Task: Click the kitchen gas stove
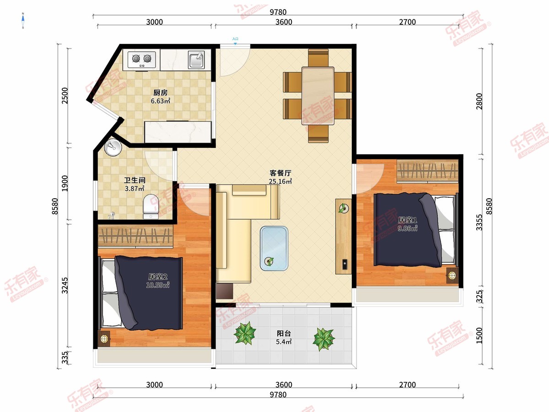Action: [141, 60]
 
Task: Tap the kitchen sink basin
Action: [196, 60]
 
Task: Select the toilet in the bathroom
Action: [151, 206]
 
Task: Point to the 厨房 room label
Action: [160, 93]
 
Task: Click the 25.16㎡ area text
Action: [280, 181]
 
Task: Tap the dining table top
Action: [318, 96]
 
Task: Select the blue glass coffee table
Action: [274, 249]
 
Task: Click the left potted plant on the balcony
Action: [245, 333]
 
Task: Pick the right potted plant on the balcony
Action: [323, 339]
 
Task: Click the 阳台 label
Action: [284, 333]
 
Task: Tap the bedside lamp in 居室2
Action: [104, 339]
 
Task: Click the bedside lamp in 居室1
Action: [452, 276]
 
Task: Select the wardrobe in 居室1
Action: [428, 171]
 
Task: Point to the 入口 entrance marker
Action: [235, 39]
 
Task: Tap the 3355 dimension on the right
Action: [479, 222]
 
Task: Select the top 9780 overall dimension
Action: [278, 12]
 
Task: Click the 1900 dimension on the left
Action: [65, 184]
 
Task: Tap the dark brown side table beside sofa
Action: [225, 291]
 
